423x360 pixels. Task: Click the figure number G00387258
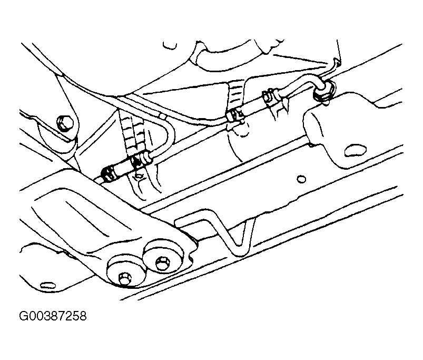[x=53, y=316]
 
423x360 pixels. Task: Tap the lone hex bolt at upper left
[x=65, y=123]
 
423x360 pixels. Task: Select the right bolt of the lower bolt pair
[x=163, y=262]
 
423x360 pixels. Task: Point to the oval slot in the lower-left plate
[x=47, y=285]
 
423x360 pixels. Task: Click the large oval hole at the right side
[x=355, y=150]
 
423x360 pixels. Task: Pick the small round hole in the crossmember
[x=301, y=179]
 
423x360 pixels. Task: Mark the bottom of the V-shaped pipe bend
[x=239, y=246]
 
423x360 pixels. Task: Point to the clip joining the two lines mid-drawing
[x=235, y=115]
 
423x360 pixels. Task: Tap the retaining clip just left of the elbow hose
[x=274, y=100]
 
